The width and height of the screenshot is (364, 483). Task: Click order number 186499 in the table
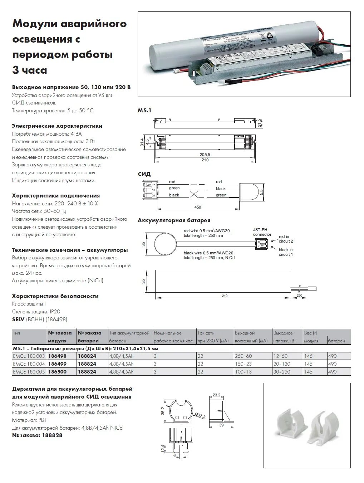(x=57, y=364)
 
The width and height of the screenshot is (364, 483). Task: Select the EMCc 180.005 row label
(x=29, y=372)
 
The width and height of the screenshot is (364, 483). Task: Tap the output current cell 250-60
(x=244, y=356)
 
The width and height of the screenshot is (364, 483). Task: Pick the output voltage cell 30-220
(x=282, y=372)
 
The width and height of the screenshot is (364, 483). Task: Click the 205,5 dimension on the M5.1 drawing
(x=205, y=154)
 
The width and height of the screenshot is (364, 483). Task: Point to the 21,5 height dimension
(x=260, y=123)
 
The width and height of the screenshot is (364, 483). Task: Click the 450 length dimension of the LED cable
(x=197, y=207)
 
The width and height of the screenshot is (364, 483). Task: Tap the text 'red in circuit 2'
(x=286, y=239)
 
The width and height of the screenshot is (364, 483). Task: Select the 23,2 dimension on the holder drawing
(x=216, y=395)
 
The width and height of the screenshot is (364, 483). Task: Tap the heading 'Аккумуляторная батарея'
(x=174, y=220)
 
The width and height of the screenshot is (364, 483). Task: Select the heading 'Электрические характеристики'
(x=57, y=126)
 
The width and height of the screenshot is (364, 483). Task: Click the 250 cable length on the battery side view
(x=299, y=296)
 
